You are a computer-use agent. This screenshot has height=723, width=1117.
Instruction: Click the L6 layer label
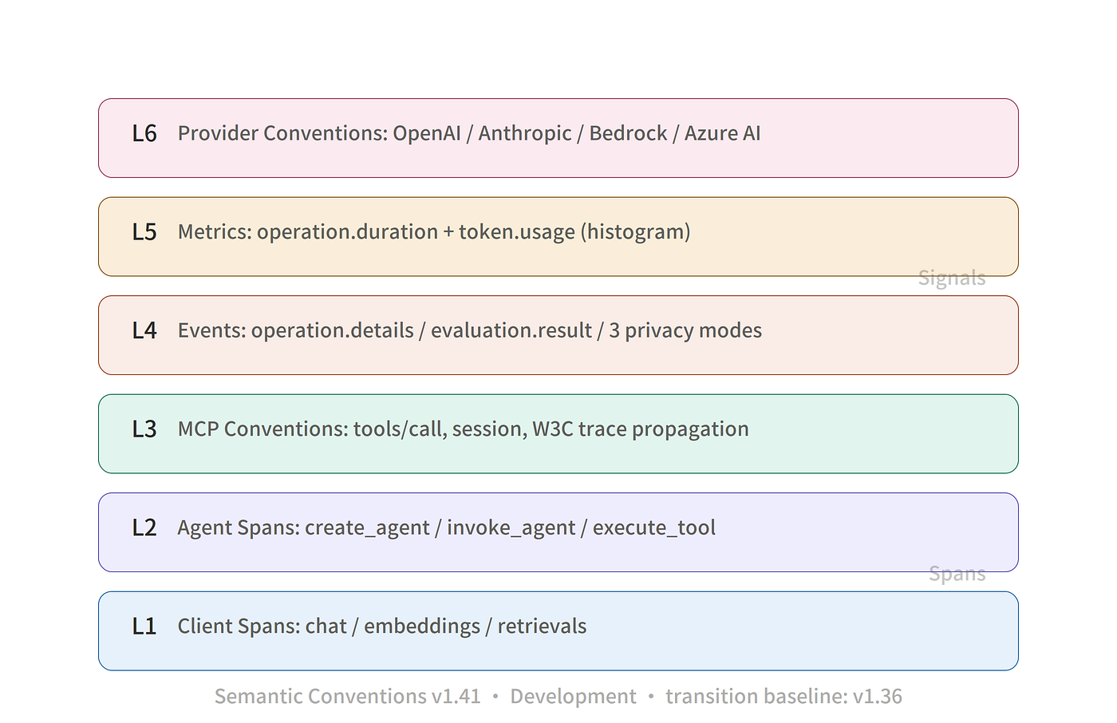(x=144, y=133)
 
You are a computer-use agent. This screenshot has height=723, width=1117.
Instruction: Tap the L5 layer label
(x=144, y=232)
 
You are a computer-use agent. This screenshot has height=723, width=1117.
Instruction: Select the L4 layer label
(x=144, y=330)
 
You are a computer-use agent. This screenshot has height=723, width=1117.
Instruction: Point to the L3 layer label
(x=144, y=429)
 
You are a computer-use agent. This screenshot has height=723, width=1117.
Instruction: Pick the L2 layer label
(x=144, y=528)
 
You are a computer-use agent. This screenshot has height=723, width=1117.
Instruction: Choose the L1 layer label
(x=144, y=626)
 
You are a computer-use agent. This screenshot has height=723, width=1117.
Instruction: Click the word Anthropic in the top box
(x=525, y=134)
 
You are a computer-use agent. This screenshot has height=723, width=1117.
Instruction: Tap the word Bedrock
(x=628, y=133)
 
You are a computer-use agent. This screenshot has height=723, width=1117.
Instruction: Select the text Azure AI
(x=722, y=133)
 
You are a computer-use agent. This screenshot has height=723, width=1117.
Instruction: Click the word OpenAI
(x=426, y=134)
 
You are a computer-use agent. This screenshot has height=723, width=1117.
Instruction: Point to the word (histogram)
(x=635, y=233)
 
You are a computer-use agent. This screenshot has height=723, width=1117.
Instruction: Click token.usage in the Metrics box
(x=517, y=233)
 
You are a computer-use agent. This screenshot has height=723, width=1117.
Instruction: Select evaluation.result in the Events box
(x=511, y=330)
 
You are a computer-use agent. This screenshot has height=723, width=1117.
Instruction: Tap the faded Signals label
(x=952, y=279)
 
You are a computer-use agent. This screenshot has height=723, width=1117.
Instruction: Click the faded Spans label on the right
(x=957, y=574)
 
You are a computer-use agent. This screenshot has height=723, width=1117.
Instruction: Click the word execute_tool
(x=653, y=528)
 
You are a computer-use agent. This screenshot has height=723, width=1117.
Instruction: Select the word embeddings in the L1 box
(x=422, y=626)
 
